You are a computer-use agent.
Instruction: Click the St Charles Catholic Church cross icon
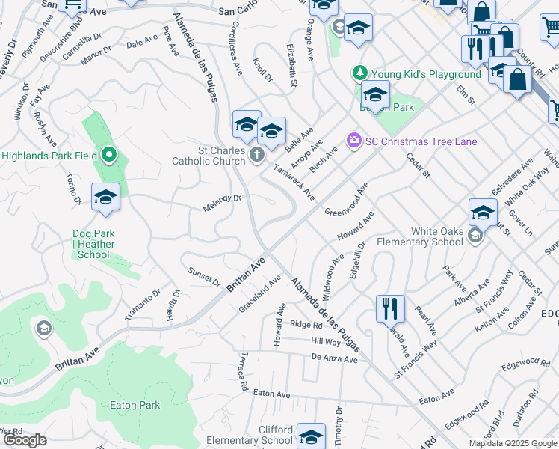pos(256,155)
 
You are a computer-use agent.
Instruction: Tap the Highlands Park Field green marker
pos(109,156)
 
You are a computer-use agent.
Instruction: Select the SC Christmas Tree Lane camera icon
pos(353,141)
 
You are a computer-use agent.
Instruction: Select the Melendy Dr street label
pos(222,203)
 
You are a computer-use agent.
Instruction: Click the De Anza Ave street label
pos(335,358)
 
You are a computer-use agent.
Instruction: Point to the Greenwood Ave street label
pos(348,200)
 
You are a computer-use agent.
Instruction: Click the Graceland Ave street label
pos(259,293)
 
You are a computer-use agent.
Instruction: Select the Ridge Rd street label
pos(306,325)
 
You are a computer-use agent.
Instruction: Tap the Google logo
pos(25,440)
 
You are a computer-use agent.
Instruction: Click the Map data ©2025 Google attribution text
pos(513,443)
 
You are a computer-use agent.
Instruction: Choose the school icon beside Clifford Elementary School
pos(311,436)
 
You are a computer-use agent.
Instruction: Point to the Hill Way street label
pos(325,341)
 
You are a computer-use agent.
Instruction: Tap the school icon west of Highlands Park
pos(106,197)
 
